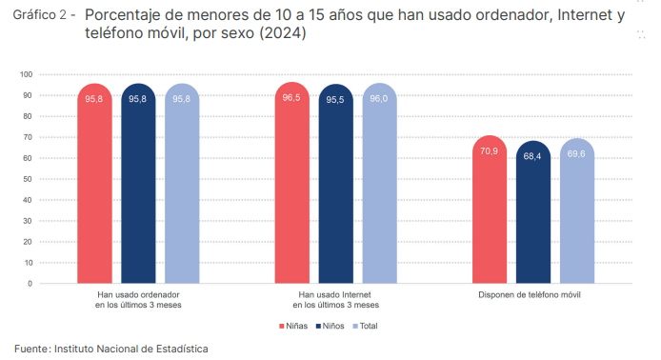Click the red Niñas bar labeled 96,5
click(x=291, y=183)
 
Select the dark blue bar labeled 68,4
click(x=533, y=212)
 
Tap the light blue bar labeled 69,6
click(x=577, y=210)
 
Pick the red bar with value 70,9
click(x=490, y=210)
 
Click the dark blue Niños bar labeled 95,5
click(x=336, y=184)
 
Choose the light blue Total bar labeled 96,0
click(x=379, y=184)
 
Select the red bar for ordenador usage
click(x=95, y=184)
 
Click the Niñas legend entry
click(x=293, y=326)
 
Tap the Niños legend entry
click(x=330, y=326)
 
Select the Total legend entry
click(x=365, y=326)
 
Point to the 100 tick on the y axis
click(x=26, y=74)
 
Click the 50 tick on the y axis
click(x=28, y=179)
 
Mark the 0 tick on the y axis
click(x=30, y=284)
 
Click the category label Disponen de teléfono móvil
click(x=529, y=294)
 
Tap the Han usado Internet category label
click(x=335, y=300)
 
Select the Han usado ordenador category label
click(x=138, y=300)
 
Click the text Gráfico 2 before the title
click(x=40, y=14)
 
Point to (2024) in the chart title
click(x=282, y=33)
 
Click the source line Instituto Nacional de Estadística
click(x=131, y=349)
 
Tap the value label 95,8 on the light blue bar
click(x=181, y=99)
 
